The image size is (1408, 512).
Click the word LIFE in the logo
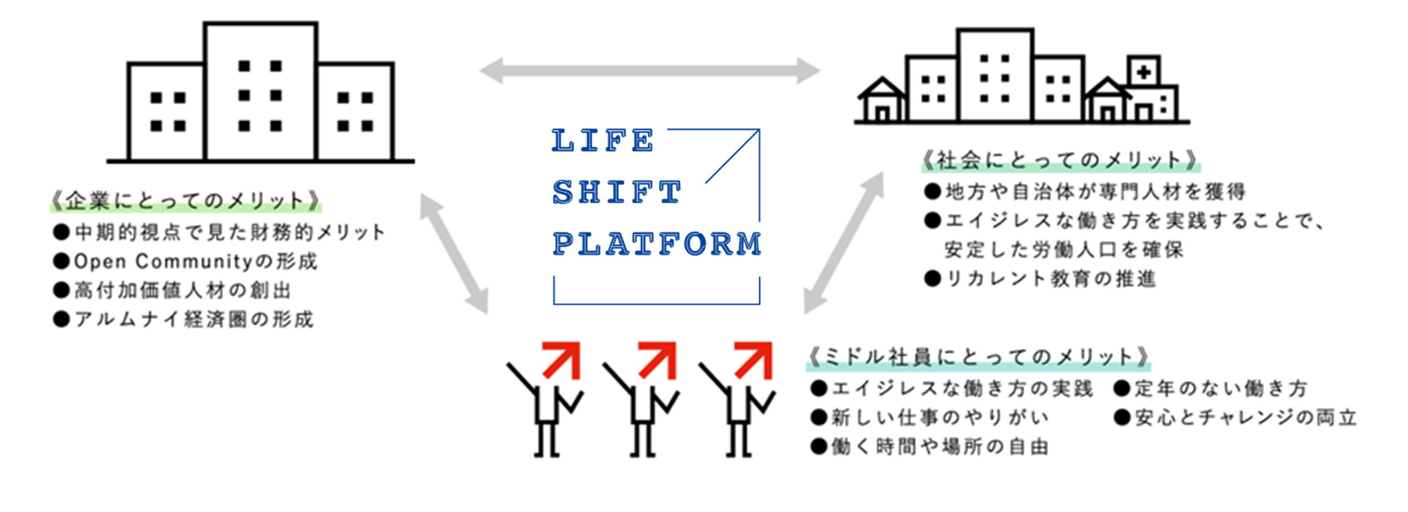point(603,140)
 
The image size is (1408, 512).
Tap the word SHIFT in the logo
point(616,192)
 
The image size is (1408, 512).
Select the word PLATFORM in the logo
point(656,243)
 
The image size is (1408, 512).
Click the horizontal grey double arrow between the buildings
point(649,71)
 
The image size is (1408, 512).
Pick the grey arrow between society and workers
point(844,243)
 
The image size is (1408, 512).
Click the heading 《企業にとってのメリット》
point(186,201)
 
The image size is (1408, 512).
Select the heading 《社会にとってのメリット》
point(1061,161)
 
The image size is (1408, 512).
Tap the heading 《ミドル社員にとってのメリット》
point(978,357)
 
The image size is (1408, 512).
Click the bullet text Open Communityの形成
point(195,262)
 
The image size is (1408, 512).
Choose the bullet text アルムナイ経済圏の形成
point(194,319)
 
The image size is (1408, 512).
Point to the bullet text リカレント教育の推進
point(1050,279)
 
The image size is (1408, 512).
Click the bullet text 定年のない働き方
point(1220,389)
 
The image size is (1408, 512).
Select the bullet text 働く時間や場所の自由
point(939,447)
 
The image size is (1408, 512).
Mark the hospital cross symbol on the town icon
point(1143,72)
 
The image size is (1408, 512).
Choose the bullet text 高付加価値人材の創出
point(182,291)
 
